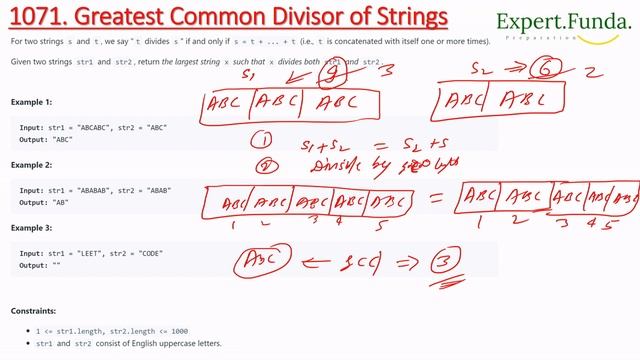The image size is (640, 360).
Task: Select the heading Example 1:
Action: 31,103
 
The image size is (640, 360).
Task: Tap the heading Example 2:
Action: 31,166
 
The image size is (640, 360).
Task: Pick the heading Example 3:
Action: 31,229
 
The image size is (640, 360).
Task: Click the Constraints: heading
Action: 33,311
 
